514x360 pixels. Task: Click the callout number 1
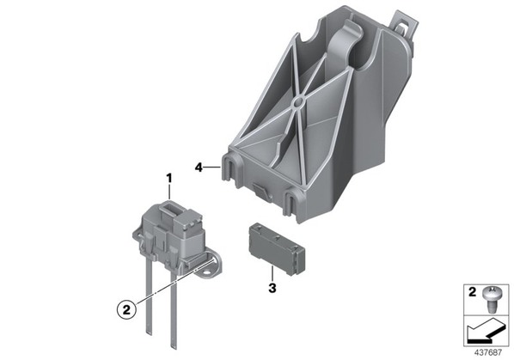pos(169,179)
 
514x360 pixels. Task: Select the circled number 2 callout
pos(126,309)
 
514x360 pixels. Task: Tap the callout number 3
pos(272,289)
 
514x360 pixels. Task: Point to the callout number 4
pos(199,168)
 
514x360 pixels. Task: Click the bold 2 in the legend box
pos(472,291)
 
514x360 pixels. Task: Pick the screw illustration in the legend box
pos(490,299)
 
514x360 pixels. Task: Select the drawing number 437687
pos(488,352)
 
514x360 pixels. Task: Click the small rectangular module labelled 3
pos(277,248)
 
